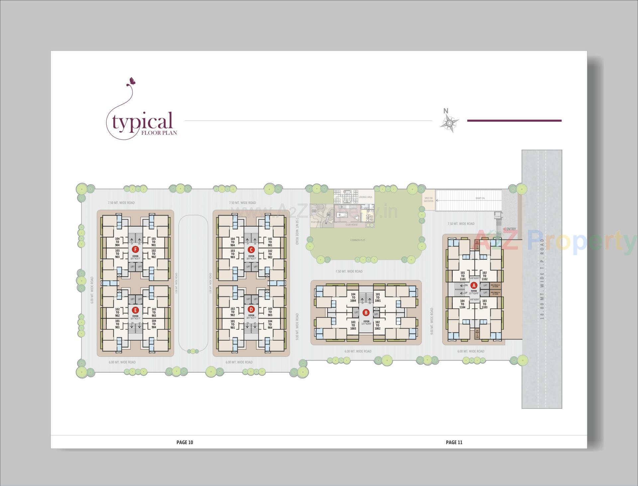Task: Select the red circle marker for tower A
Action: pyautogui.click(x=474, y=285)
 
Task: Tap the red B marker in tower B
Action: pyautogui.click(x=366, y=313)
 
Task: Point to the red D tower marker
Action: pyautogui.click(x=251, y=309)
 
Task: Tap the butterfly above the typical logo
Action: pyautogui.click(x=132, y=81)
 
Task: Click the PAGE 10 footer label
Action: pyautogui.click(x=184, y=442)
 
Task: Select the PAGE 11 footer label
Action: pyautogui.click(x=454, y=442)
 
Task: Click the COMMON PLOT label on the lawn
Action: pyautogui.click(x=358, y=240)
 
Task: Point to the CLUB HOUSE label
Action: pyautogui.click(x=351, y=225)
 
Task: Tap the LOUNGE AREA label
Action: pyautogui.click(x=365, y=197)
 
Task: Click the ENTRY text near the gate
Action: pyautogui.click(x=511, y=229)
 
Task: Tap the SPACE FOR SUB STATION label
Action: pyautogui.click(x=428, y=200)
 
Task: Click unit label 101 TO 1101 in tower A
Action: pyautogui.click(x=463, y=276)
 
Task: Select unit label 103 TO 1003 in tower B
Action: pyautogui.click(x=353, y=325)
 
